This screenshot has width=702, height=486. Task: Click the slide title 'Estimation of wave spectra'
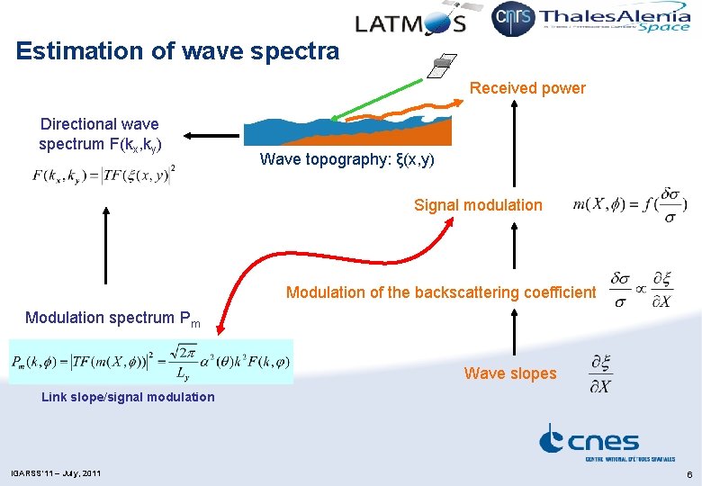click(177, 51)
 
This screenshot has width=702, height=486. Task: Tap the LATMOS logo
click(409, 23)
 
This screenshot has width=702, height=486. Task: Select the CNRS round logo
click(513, 19)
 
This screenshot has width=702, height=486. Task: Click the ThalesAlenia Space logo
click(616, 20)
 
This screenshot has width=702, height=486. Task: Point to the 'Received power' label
click(527, 88)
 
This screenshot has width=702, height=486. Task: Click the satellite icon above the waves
click(440, 66)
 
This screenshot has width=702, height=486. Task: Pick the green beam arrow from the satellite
click(375, 98)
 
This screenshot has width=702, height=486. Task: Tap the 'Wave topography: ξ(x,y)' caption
click(346, 160)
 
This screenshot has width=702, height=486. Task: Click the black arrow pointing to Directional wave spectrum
click(207, 136)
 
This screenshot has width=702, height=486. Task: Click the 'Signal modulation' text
click(478, 205)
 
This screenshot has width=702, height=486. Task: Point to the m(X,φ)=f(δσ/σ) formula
click(629, 205)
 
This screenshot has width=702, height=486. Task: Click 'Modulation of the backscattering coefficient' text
click(440, 292)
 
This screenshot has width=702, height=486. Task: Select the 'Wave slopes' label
click(510, 373)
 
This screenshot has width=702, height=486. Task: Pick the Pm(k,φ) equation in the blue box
click(151, 362)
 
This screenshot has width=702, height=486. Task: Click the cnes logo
click(589, 442)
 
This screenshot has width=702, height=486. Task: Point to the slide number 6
click(688, 473)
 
